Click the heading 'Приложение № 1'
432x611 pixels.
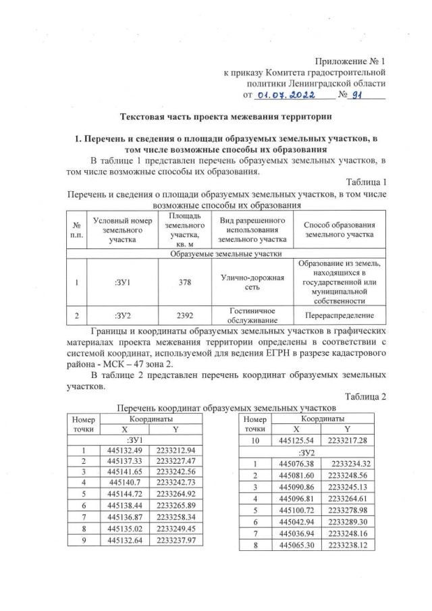point(349,61)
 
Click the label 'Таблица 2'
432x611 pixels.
point(365,396)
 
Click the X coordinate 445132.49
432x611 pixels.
point(119,450)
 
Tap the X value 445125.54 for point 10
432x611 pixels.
point(294,440)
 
